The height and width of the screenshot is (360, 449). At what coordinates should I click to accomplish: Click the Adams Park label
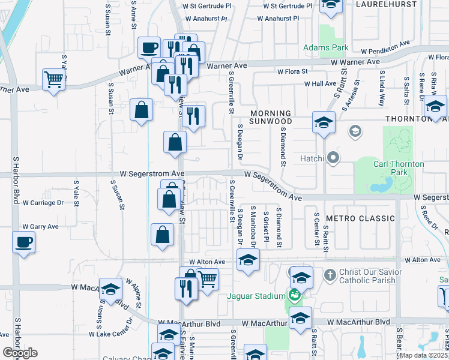[326, 47]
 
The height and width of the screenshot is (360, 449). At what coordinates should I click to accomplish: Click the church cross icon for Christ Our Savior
[329, 275]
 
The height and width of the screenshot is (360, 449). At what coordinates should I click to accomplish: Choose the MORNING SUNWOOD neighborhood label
[271, 117]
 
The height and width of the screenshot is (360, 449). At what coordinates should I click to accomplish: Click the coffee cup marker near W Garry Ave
[23, 242]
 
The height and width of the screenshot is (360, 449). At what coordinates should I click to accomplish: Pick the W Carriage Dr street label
[43, 203]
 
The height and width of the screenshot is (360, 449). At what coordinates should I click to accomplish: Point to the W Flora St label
[292, 71]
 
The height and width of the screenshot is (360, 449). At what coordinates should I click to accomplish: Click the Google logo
[20, 352]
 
